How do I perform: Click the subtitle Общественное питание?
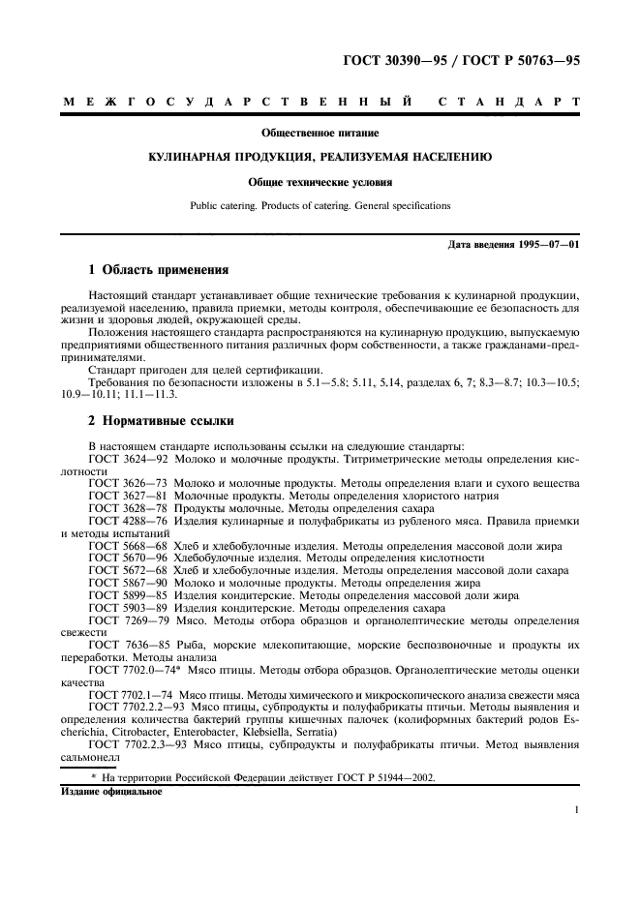[319, 132]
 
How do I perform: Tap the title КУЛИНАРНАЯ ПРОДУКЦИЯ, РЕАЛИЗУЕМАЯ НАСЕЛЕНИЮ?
[319, 156]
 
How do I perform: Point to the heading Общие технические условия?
[319, 181]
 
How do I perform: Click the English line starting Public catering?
[319, 205]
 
